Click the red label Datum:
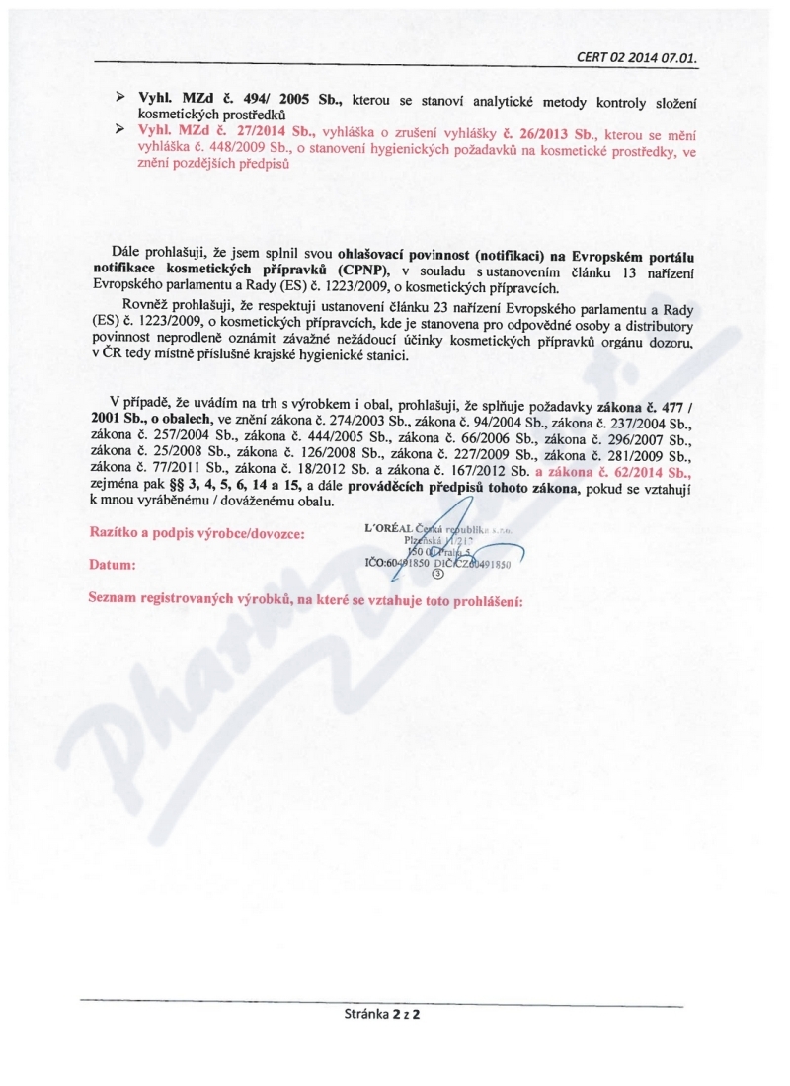click(x=113, y=566)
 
